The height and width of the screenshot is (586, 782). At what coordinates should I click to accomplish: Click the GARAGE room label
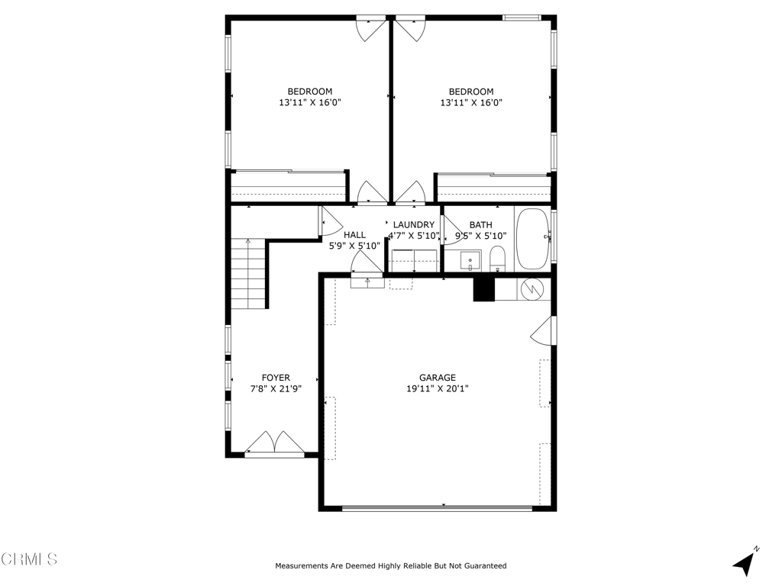click(437, 378)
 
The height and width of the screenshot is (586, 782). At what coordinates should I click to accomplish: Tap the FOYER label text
click(276, 378)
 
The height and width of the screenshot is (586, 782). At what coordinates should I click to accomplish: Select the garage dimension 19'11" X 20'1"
click(437, 388)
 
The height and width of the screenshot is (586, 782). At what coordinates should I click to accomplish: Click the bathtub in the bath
click(533, 239)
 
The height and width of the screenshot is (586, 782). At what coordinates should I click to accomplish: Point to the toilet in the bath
click(497, 259)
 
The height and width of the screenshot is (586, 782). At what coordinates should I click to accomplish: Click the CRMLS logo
click(29, 559)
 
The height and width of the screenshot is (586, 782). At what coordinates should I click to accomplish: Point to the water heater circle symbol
click(532, 289)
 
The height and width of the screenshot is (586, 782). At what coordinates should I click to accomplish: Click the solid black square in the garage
click(484, 289)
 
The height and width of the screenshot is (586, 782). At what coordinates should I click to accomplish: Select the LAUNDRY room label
click(414, 225)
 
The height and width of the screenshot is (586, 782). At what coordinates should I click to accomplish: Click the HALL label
click(354, 235)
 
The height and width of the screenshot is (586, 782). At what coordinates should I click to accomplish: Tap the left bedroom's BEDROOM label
click(309, 92)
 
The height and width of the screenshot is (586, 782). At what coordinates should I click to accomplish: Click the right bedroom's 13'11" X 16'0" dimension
click(470, 102)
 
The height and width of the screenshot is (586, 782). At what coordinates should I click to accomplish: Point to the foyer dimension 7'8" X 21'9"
click(276, 388)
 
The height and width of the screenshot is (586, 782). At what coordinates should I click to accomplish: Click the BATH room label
click(480, 225)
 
